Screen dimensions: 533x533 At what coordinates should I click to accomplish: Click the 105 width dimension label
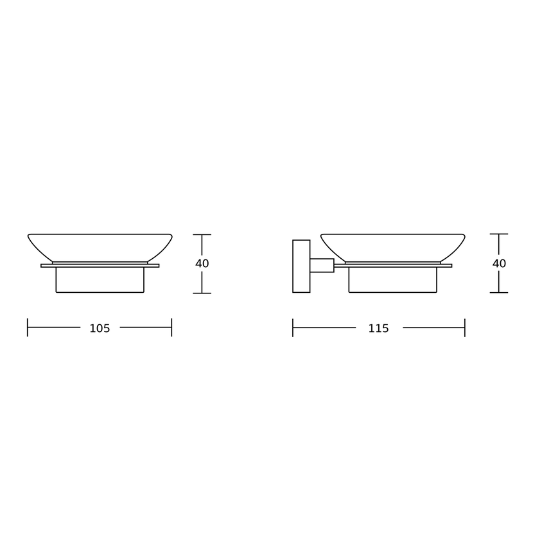(100, 328)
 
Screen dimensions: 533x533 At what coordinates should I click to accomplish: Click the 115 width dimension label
(378, 328)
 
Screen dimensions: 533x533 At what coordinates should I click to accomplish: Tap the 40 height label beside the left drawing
(202, 263)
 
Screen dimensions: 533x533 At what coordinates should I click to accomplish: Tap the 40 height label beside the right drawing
(499, 263)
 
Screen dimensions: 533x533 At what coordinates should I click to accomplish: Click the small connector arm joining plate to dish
(322, 265)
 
